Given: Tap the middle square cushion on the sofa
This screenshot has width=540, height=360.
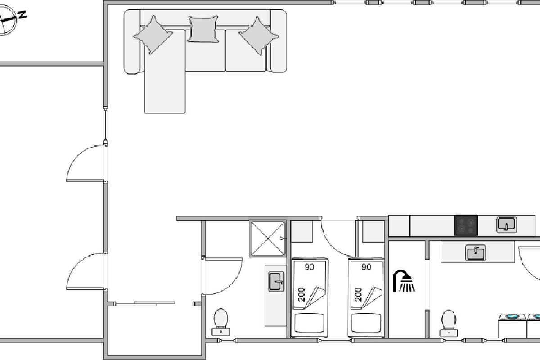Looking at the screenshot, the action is pos(203,29).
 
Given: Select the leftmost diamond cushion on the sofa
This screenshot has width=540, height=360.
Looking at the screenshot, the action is pos(153,35).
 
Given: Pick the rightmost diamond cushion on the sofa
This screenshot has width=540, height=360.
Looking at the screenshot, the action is pos(259,36).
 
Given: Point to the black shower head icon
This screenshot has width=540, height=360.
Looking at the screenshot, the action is pos(404,280).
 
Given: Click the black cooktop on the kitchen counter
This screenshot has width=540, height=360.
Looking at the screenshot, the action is pos(466,225).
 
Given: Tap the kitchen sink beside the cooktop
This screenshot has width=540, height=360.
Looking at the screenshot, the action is pos(506,225).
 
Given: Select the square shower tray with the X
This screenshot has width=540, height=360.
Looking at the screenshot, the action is pos(268,238).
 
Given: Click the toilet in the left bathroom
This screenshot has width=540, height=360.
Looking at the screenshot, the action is pos(221,322).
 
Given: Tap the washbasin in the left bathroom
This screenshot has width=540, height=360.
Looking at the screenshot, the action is pos(276,282).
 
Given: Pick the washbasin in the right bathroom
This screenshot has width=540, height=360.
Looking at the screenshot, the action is pos(475,252).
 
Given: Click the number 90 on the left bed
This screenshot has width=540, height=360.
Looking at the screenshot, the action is pos(309,267).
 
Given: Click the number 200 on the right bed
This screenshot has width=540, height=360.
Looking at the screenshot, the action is pos(359,294).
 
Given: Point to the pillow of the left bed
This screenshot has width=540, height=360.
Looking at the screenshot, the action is pos(309,323).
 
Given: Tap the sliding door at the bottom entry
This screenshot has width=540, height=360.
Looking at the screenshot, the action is pos(145,303).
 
